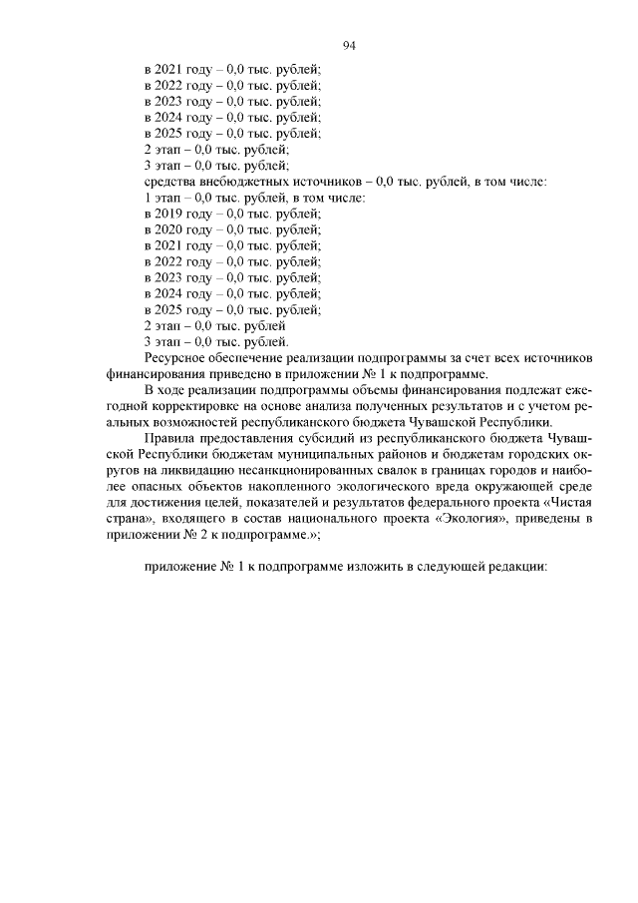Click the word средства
(x=170, y=182)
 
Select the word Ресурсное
(x=176, y=357)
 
